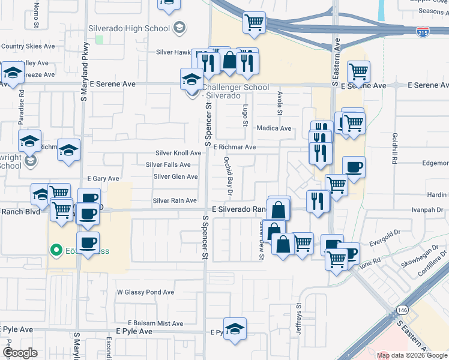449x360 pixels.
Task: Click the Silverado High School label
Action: pyautogui.click(x=129, y=28)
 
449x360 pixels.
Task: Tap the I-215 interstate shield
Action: pyautogui.click(x=423, y=32)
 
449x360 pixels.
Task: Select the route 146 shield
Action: pyautogui.click(x=402, y=310)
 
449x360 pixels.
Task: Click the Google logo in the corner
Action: pyautogui.click(x=20, y=353)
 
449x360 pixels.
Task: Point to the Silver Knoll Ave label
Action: pyautogui.click(x=178, y=153)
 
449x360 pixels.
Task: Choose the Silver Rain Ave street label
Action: pyautogui.click(x=175, y=200)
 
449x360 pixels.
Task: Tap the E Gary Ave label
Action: pyautogui.click(x=103, y=179)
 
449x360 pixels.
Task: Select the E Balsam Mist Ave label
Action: pyautogui.click(x=155, y=323)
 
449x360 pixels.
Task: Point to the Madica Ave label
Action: pyautogui.click(x=274, y=128)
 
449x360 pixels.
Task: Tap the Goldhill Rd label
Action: pyautogui.click(x=396, y=149)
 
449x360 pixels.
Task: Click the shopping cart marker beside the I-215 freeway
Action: pyautogui.click(x=255, y=23)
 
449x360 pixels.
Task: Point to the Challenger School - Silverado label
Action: pyautogui.click(x=235, y=91)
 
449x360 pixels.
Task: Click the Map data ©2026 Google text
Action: pyautogui.click(x=412, y=355)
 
